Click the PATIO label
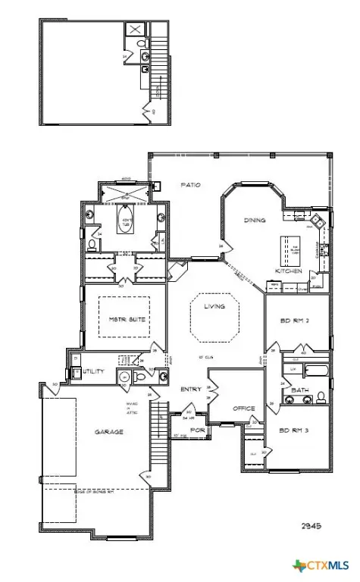189,184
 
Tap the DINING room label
254,221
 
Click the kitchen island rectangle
289,249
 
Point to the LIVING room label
214,306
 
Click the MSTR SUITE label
127,319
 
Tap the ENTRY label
190,390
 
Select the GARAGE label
109,431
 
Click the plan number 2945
311,525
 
